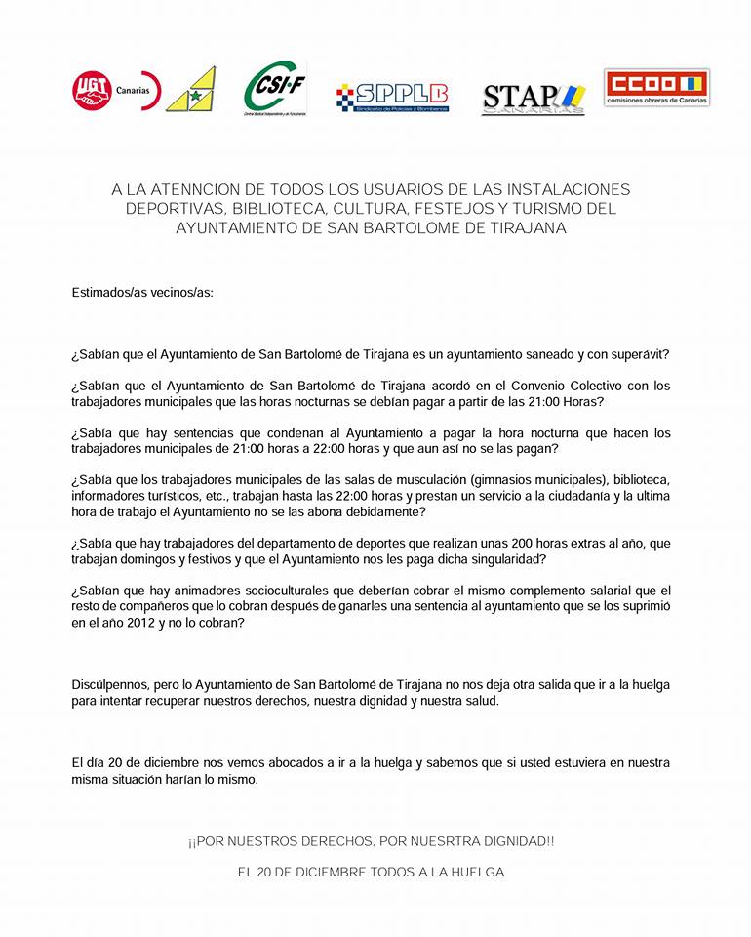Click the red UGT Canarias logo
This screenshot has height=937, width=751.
tap(116, 92)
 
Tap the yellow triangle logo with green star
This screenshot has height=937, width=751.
tap(192, 91)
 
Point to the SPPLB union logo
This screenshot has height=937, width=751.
tap(393, 96)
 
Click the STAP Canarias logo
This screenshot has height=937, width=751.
tap(534, 99)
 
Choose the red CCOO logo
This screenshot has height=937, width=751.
tap(656, 88)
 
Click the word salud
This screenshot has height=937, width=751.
tap(480, 701)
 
